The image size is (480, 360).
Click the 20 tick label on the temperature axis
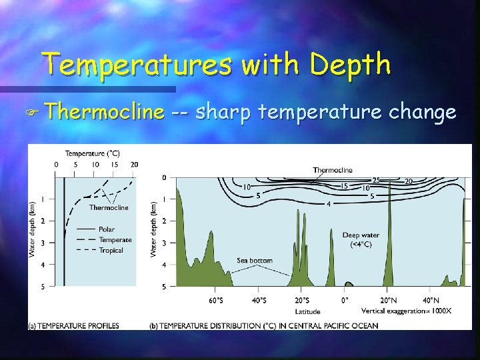click(x=134, y=165)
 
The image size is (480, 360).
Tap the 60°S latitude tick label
click(x=215, y=300)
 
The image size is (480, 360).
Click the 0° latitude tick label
click(x=345, y=300)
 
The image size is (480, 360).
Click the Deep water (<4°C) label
click(x=361, y=240)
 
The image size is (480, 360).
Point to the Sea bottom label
click(x=254, y=261)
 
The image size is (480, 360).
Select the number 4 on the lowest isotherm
click(x=328, y=203)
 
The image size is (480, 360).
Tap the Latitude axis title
click(x=307, y=311)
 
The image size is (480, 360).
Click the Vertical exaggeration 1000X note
click(x=406, y=311)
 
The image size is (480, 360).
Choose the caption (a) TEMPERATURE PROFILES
click(x=74, y=326)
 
